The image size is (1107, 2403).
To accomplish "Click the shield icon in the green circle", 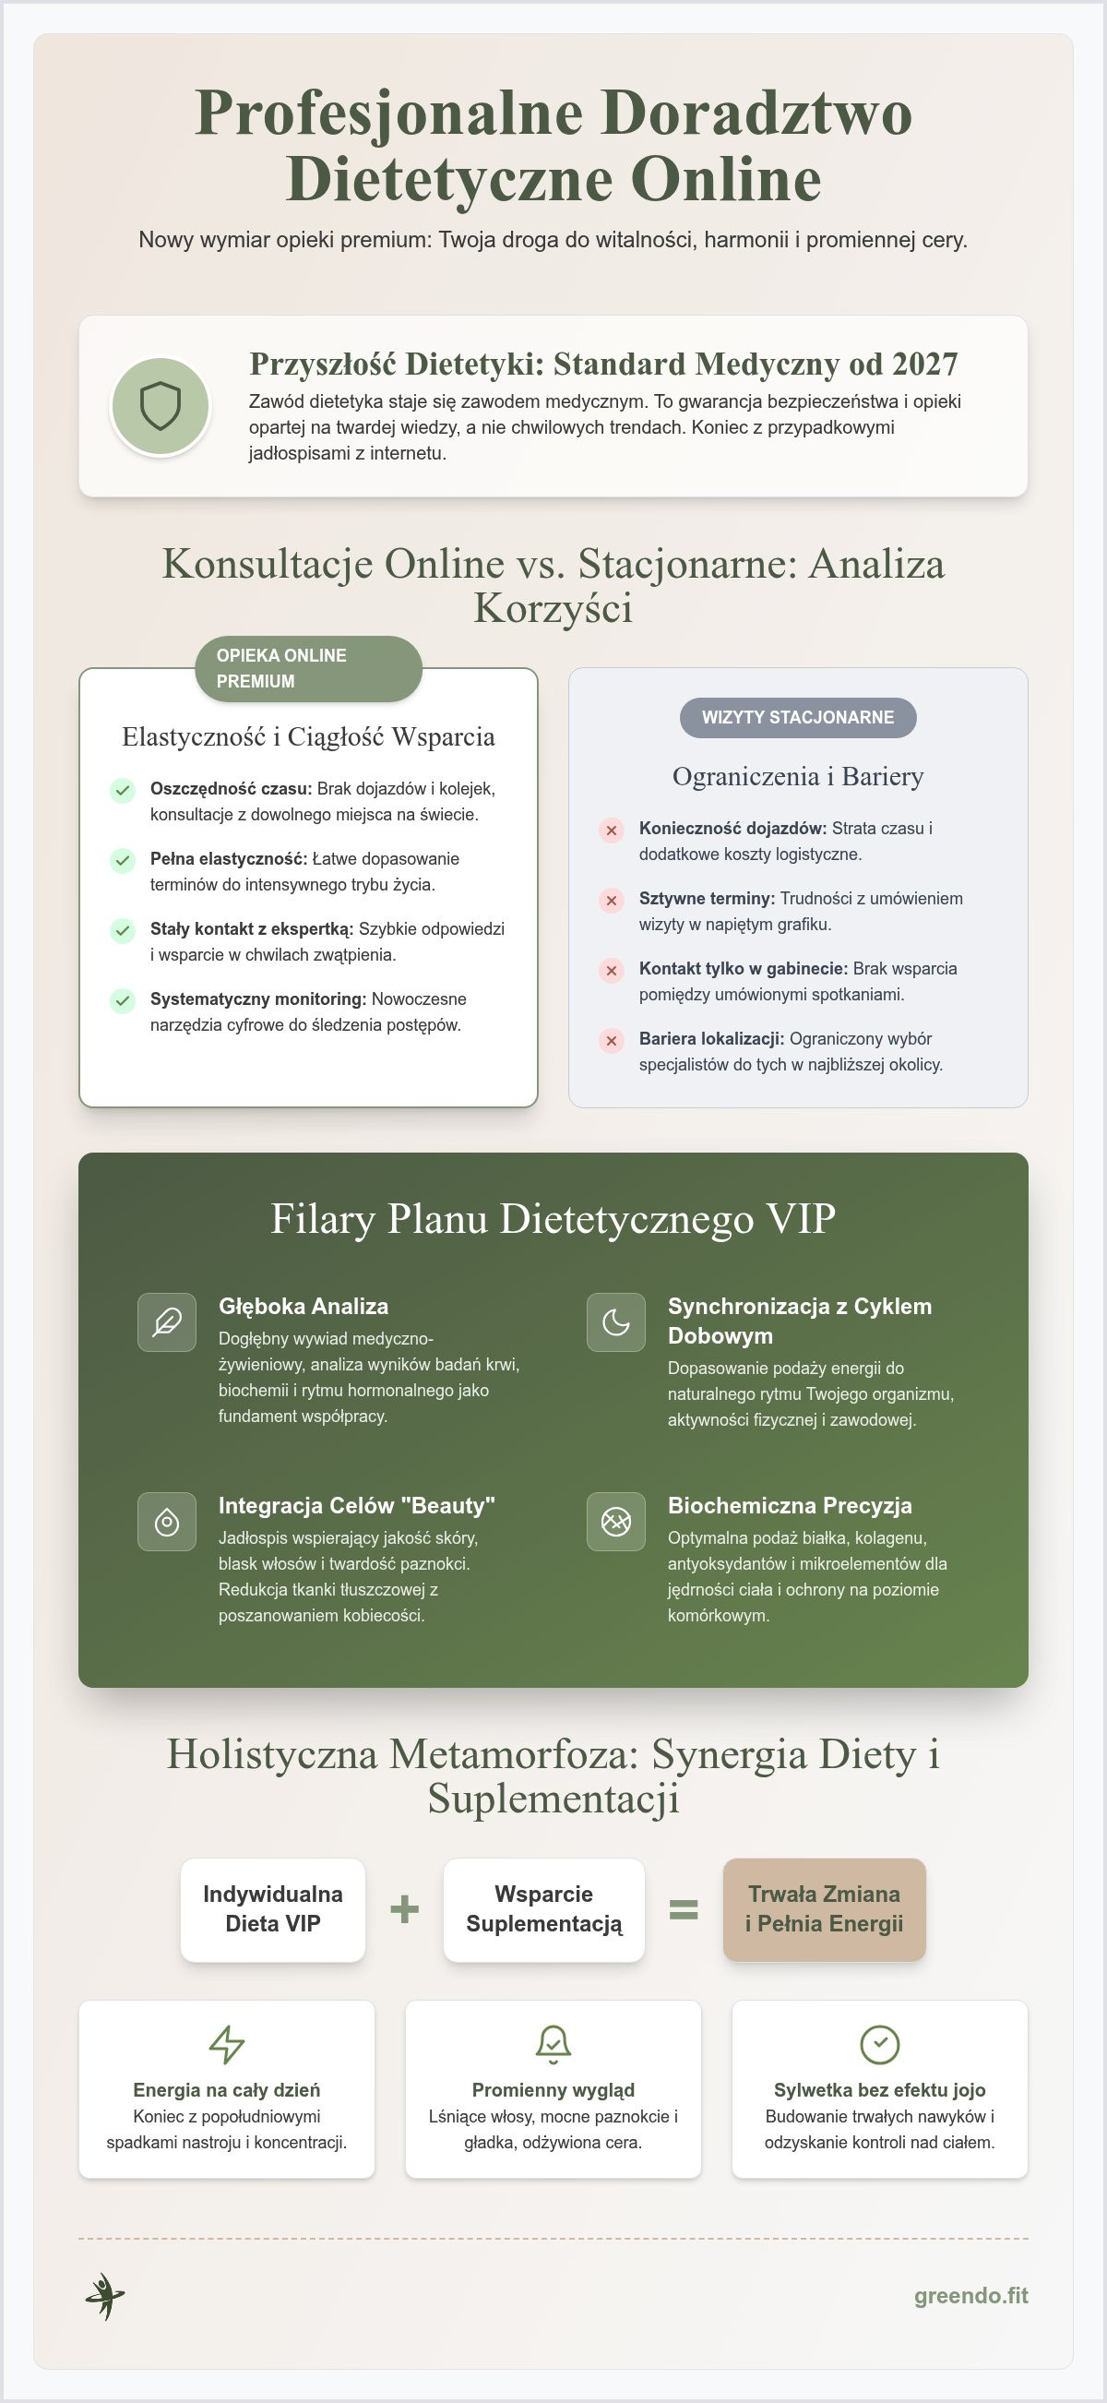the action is (x=161, y=406).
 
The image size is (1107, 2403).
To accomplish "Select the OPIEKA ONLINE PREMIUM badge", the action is (x=309, y=668).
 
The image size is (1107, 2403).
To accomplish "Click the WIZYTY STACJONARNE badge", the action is (x=797, y=717).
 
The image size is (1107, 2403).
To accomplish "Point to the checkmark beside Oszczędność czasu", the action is (x=122, y=790).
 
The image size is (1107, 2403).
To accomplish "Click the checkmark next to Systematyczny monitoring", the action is (x=122, y=1000).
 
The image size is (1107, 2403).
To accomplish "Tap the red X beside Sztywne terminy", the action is (x=611, y=900).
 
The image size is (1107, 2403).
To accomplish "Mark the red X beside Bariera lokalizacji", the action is (x=611, y=1040).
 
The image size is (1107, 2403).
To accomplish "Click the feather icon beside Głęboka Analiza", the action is (x=167, y=1321).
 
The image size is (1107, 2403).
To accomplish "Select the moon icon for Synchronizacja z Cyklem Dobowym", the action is (x=615, y=1321).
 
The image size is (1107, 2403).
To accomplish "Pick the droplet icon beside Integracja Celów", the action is (x=167, y=1522).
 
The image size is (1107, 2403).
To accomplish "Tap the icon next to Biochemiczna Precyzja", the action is (x=615, y=1522).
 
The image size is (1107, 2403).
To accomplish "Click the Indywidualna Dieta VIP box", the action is (x=273, y=1908).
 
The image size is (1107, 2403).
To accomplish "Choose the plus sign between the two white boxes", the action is (x=404, y=1908).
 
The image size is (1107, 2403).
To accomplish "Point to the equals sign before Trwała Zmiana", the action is (x=684, y=1909).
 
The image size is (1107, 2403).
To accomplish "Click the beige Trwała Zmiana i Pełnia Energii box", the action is (x=825, y=1908).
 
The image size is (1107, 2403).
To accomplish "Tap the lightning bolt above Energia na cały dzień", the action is (x=227, y=2044).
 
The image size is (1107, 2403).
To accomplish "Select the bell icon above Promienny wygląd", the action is (x=553, y=2044).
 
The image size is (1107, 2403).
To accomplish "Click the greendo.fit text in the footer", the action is (x=970, y=2295).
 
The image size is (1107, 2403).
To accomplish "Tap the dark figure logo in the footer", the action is (x=104, y=2296).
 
